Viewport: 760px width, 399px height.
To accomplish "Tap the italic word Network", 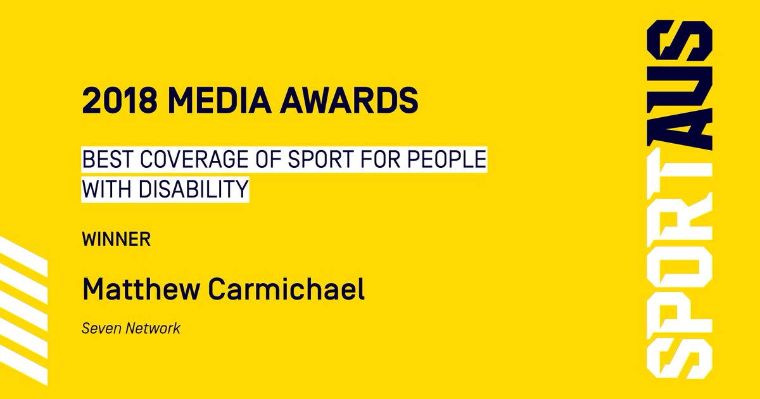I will point(150,329).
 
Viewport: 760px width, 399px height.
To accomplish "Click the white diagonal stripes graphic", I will point(22,298).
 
